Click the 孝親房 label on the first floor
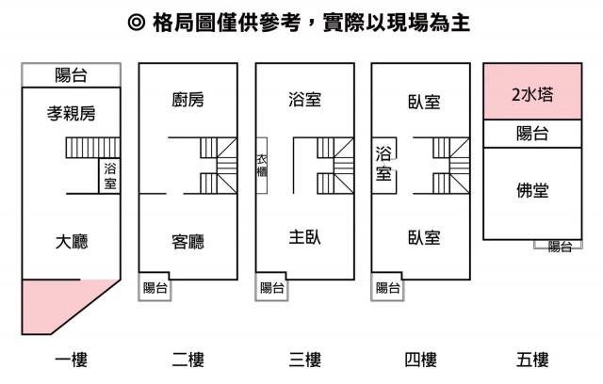72,113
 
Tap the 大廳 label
72,242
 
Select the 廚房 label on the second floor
187,100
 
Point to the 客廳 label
187,242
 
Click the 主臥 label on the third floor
304,237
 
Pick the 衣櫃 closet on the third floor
262,166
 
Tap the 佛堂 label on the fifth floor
532,190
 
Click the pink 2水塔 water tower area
532,91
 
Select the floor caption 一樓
72,360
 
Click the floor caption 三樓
304,360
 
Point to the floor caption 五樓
532,360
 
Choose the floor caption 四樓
420,360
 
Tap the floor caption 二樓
187,360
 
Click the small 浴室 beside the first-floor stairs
109,176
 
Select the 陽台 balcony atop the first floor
72,75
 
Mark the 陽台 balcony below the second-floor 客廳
155,287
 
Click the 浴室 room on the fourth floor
384,166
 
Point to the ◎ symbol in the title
137,23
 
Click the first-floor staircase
93,148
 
